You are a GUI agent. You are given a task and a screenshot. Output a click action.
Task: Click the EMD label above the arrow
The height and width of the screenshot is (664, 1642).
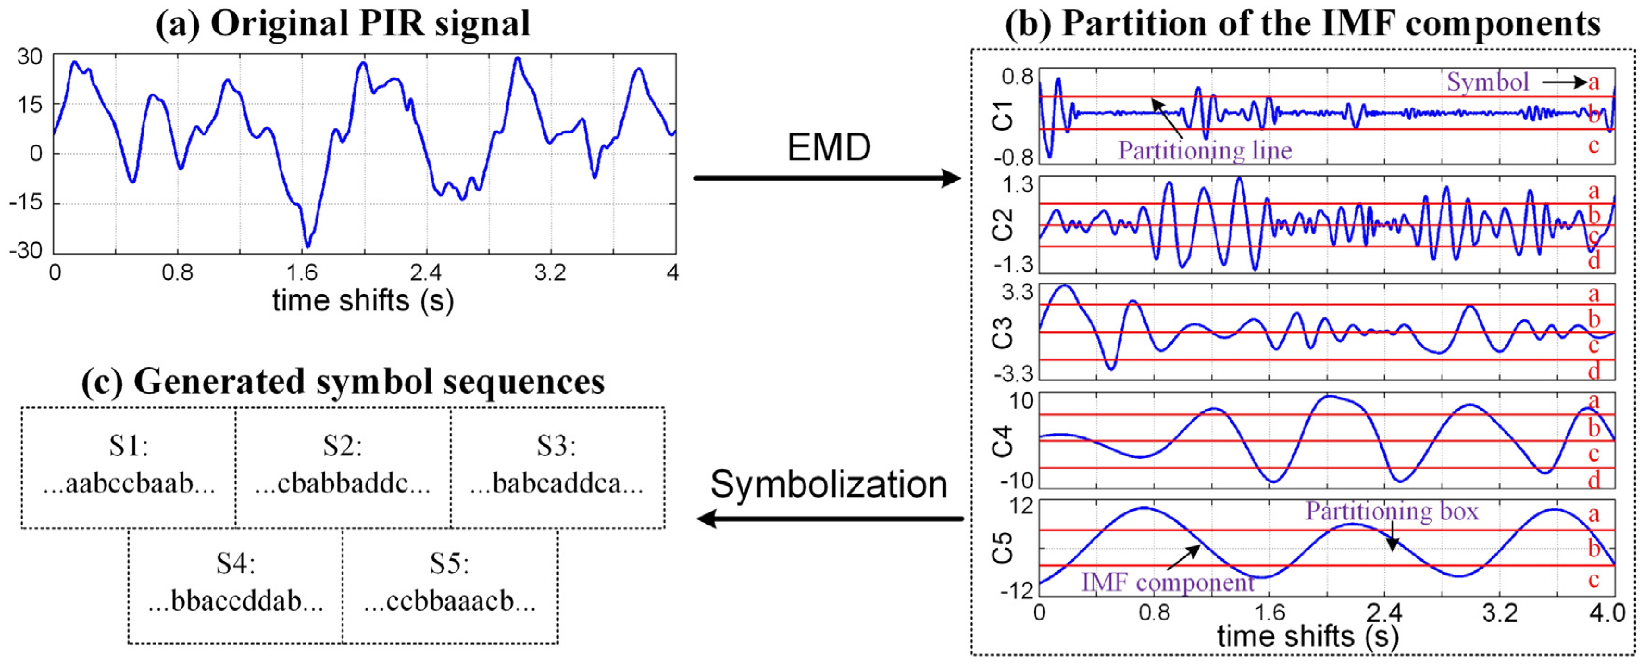[x=829, y=148]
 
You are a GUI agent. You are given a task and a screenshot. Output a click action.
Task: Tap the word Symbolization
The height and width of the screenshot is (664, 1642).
[x=829, y=485]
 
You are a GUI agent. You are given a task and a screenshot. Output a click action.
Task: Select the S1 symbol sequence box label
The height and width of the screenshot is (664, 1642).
[x=128, y=445]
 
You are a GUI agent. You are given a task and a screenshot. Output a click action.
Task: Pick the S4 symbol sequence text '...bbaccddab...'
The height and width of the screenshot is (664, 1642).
[x=236, y=601]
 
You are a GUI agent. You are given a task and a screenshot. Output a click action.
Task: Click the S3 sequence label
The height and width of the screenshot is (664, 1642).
[x=556, y=445]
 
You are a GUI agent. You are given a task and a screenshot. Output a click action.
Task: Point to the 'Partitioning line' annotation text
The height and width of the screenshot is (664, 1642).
[x=1205, y=151]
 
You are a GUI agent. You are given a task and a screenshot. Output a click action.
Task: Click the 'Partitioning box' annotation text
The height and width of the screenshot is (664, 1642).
[x=1392, y=511]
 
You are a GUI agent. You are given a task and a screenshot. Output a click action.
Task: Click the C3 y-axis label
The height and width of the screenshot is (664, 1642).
[x=1003, y=332]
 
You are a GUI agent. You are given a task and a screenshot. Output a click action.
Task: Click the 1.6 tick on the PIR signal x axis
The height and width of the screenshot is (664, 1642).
[x=301, y=273]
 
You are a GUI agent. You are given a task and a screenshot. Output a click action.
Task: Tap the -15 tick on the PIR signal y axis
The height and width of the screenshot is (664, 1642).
[x=25, y=203]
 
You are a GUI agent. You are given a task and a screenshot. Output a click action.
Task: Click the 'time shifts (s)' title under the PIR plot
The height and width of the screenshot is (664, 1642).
[x=362, y=300]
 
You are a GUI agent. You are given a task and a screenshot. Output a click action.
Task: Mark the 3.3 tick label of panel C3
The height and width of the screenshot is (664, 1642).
[x=1018, y=293]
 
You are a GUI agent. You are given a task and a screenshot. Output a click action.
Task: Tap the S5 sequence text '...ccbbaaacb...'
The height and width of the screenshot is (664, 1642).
[x=450, y=601]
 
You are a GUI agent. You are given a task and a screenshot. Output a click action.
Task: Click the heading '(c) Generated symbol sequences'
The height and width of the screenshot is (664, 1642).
[x=343, y=383]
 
